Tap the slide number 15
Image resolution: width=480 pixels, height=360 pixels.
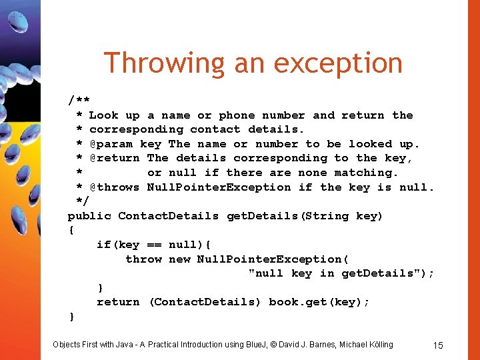(x=438, y=345)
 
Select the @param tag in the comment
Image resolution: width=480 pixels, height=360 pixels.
(x=111, y=144)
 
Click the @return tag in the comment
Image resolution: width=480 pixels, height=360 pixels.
(x=114, y=158)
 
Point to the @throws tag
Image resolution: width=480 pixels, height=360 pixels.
(x=114, y=187)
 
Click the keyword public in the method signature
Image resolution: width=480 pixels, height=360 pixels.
(x=89, y=216)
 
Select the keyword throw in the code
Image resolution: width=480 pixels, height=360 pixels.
(x=143, y=259)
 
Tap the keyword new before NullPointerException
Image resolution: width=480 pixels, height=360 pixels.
(x=179, y=259)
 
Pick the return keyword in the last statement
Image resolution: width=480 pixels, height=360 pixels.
(x=118, y=302)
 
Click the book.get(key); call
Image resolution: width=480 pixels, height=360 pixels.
(x=319, y=302)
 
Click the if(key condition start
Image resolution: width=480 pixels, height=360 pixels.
(x=117, y=245)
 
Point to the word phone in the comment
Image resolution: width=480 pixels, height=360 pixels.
(x=237, y=115)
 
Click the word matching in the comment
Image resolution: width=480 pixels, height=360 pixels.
(x=365, y=173)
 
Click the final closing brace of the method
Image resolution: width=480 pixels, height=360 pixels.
(x=71, y=316)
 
